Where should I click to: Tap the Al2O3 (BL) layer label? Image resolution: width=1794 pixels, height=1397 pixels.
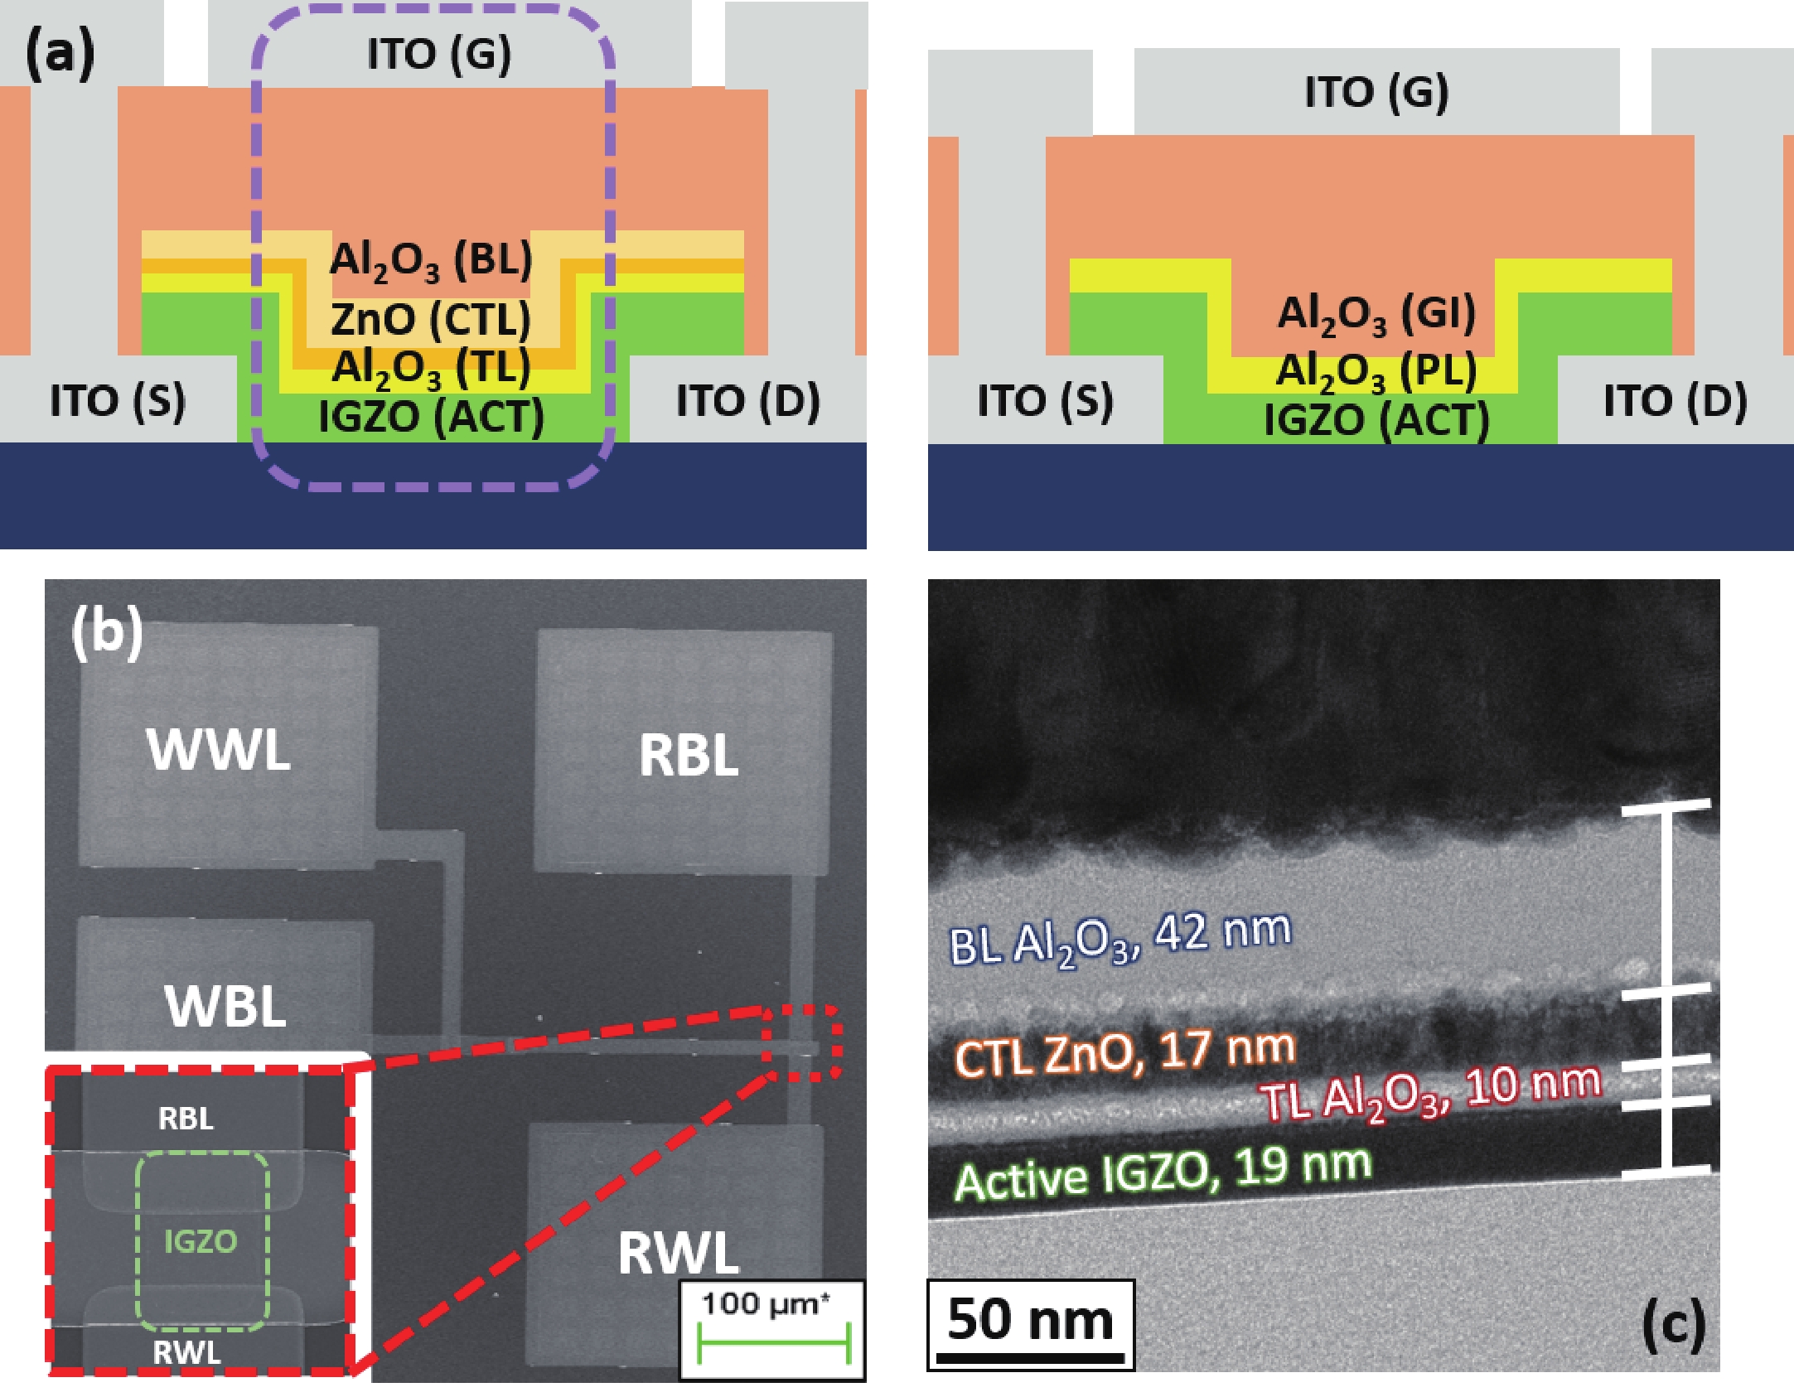[x=431, y=260]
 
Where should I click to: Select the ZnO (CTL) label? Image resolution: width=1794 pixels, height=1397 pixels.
[x=431, y=319]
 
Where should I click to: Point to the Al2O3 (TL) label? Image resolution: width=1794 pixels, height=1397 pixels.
[x=431, y=367]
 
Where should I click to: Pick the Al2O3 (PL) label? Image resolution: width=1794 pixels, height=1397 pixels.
[x=1376, y=370]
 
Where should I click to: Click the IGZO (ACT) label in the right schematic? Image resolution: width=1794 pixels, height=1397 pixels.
[x=1376, y=420]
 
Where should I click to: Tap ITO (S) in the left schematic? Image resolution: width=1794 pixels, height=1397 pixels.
[x=118, y=401]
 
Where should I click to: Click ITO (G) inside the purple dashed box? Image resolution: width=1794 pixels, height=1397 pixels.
[x=439, y=55]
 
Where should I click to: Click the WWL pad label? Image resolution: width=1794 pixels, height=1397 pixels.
[x=219, y=749]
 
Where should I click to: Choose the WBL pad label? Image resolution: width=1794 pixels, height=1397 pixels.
[x=225, y=1006]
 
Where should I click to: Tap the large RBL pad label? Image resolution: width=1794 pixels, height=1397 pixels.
[x=689, y=756]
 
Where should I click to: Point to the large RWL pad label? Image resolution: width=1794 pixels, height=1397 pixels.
[x=679, y=1253]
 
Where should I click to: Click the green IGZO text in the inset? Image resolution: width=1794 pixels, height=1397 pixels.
[x=201, y=1241]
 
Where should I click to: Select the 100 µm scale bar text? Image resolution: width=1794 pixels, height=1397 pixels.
[x=764, y=1304]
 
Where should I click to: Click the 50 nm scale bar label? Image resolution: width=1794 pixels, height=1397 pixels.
[x=1030, y=1321]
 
